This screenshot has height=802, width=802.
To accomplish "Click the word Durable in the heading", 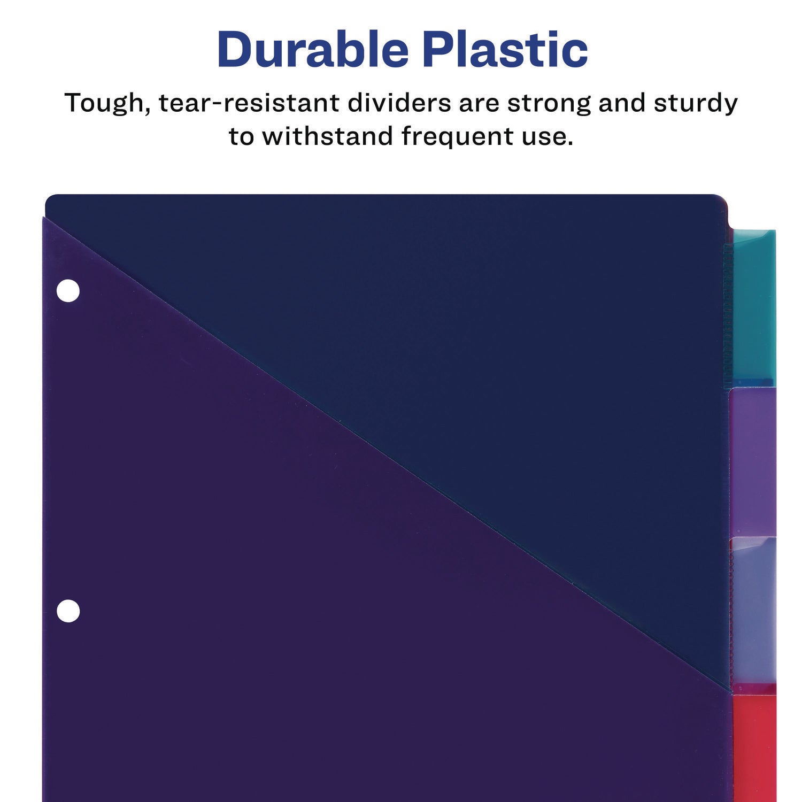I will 313,50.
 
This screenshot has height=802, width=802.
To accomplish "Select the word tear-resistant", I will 249,103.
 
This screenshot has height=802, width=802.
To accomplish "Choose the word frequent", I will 457,137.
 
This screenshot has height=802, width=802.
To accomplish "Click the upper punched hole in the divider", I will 68,291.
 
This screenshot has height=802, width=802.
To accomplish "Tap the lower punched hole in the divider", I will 68,611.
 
